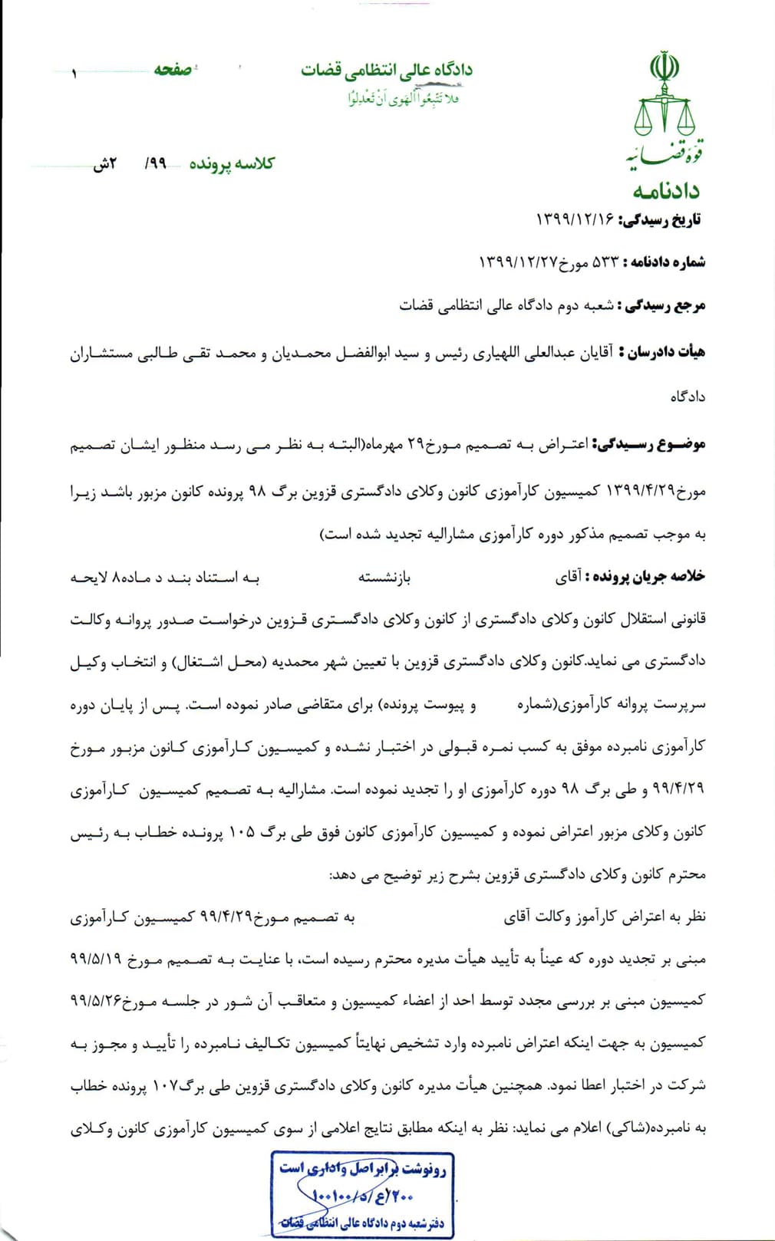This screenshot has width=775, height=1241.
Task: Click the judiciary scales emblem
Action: [665, 107]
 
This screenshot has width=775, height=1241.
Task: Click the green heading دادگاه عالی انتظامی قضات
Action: [386, 71]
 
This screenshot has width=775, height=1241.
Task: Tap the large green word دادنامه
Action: [666, 189]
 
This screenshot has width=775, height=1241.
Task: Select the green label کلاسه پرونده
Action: [232, 163]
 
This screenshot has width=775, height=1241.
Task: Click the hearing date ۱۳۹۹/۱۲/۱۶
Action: [575, 220]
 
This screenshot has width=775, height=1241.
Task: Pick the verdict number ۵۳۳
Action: [605, 262]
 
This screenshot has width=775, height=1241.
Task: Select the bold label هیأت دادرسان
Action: [665, 353]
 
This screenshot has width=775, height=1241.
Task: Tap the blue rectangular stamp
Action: [362, 1194]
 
